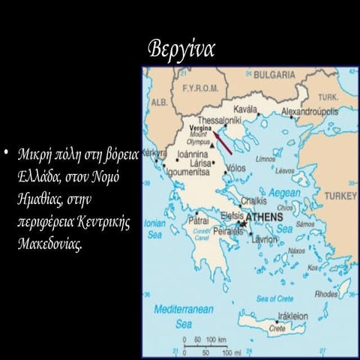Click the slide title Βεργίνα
(x=184, y=47)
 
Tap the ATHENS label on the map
(x=265, y=217)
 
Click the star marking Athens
(x=241, y=223)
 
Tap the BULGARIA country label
(x=275, y=75)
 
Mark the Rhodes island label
(x=327, y=294)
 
